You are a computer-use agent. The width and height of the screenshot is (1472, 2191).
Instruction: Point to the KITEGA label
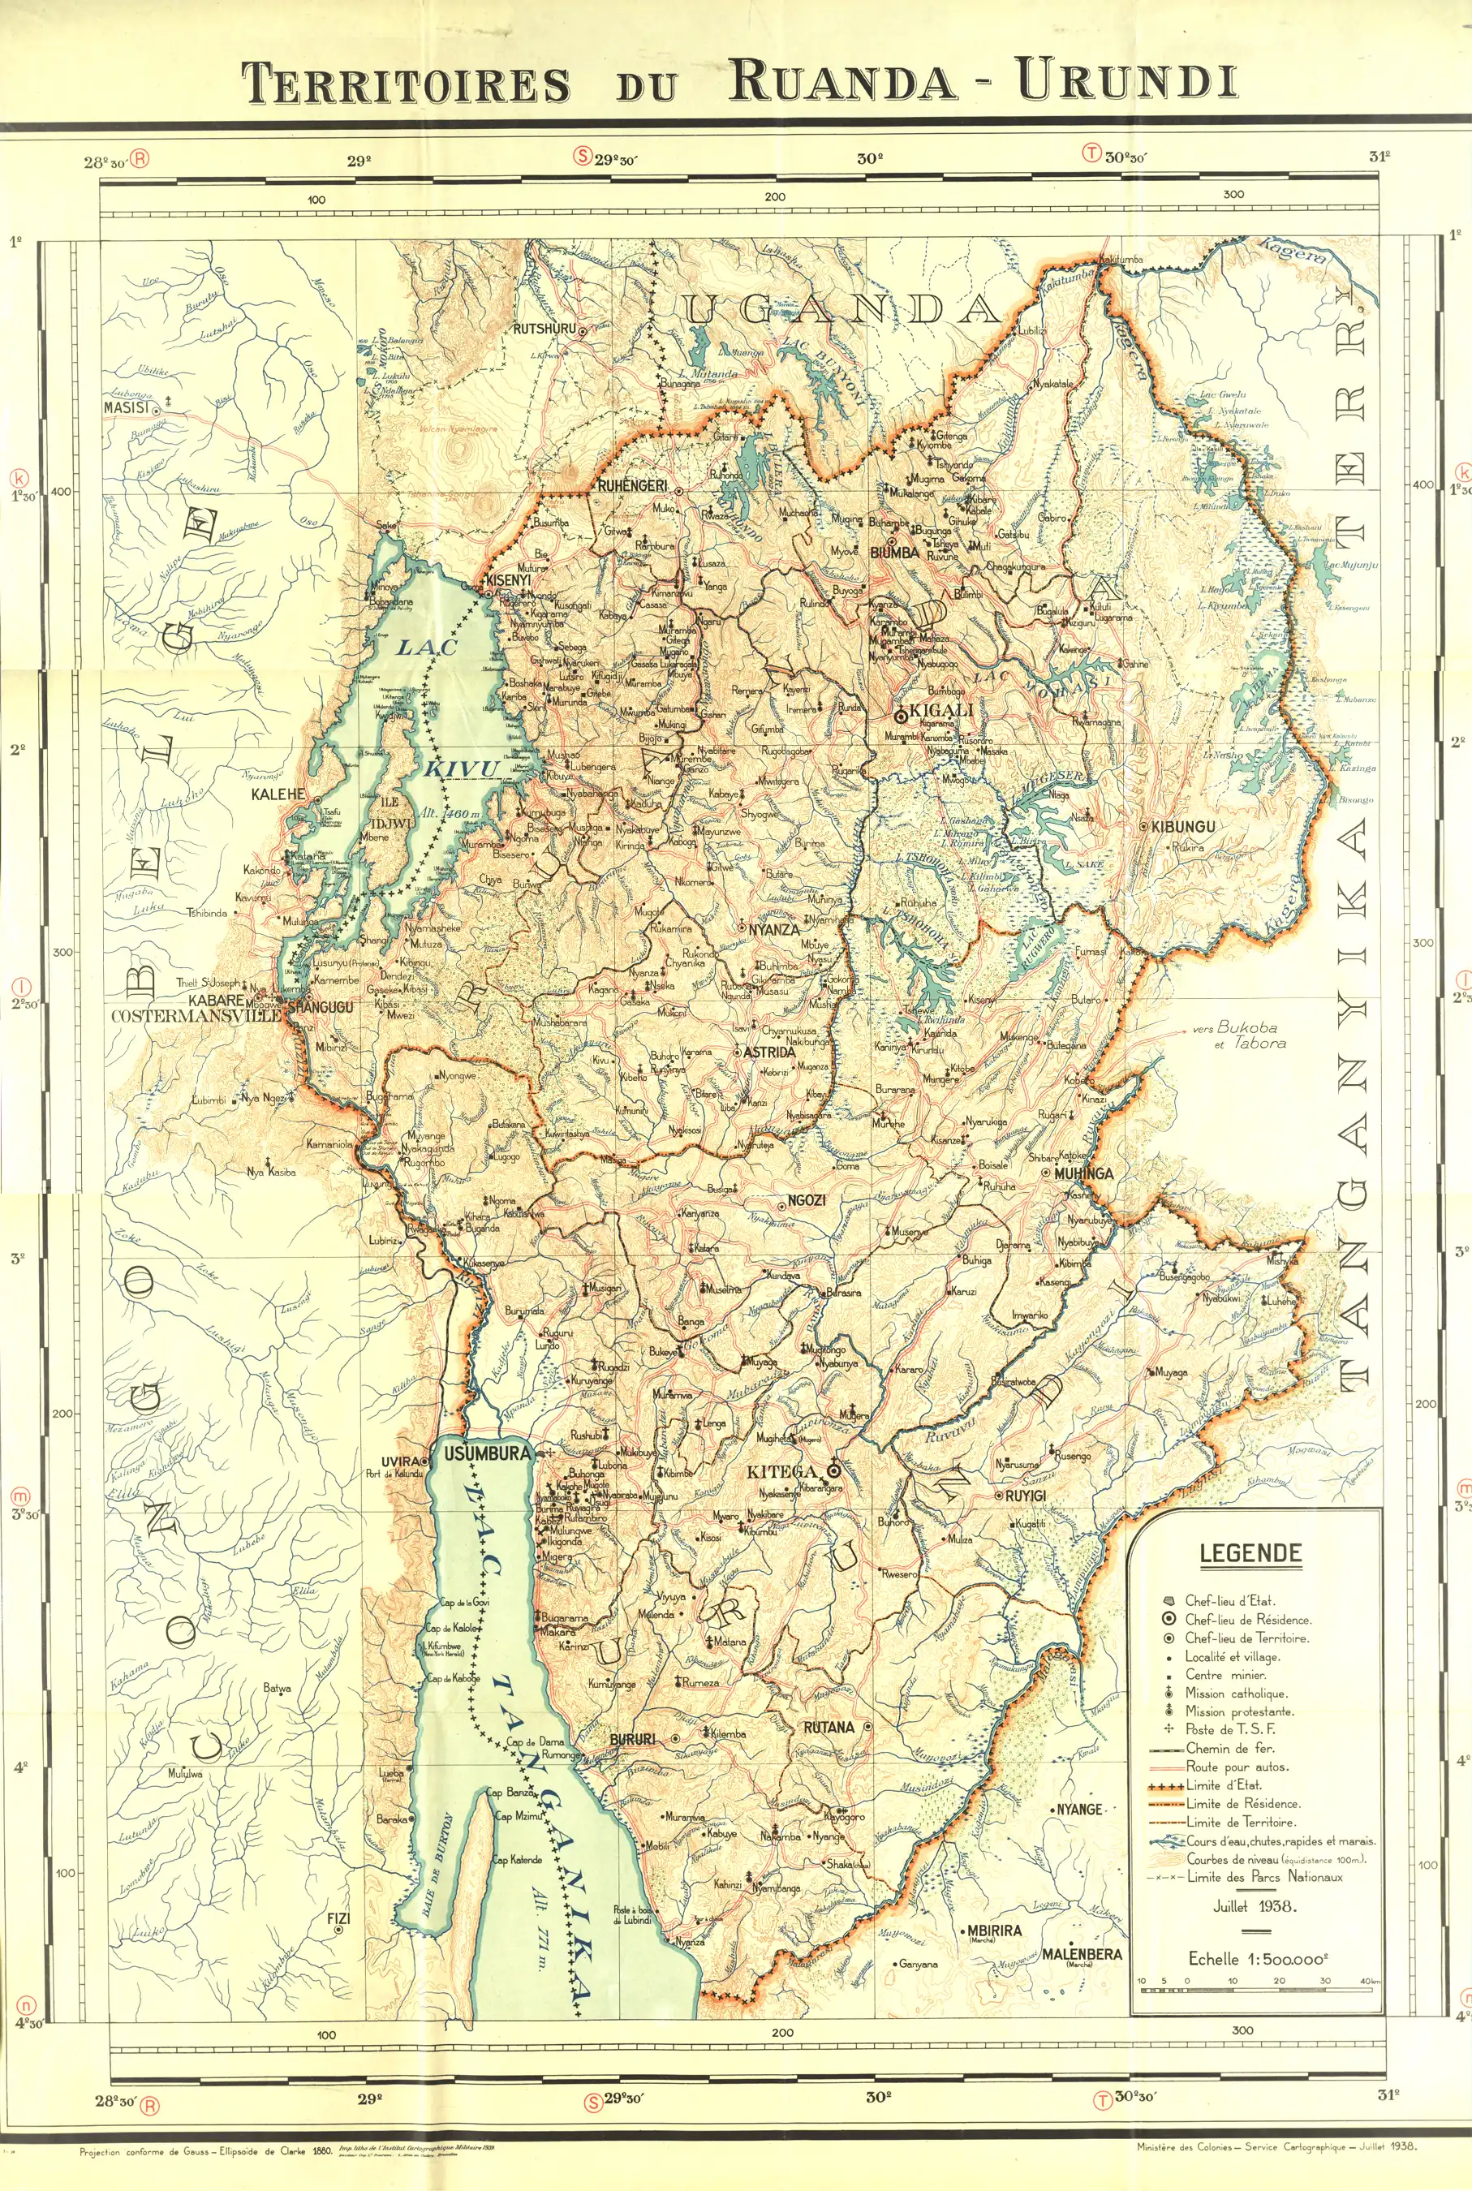782,1472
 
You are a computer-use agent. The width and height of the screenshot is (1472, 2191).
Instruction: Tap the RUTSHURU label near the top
544,329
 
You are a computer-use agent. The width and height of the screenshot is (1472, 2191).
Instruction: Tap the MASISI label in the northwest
126,408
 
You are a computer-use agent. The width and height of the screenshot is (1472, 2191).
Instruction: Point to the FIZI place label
338,1920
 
